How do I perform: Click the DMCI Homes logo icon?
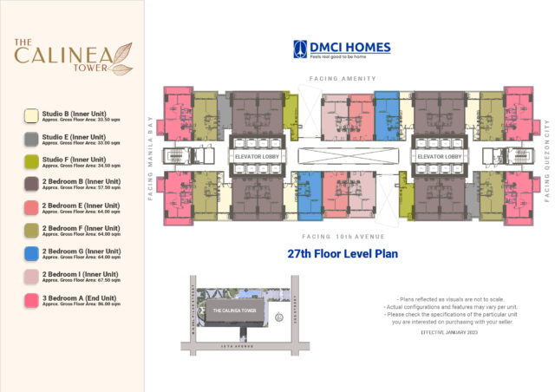point(301,49)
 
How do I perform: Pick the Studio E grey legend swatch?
point(30,138)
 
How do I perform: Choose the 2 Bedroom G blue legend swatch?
point(30,253)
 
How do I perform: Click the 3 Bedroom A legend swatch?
point(30,299)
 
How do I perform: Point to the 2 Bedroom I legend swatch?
point(30,276)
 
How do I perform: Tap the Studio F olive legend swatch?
point(30,161)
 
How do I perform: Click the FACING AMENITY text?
point(343,78)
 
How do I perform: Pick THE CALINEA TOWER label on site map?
point(232,310)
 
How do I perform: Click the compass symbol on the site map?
point(277,318)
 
